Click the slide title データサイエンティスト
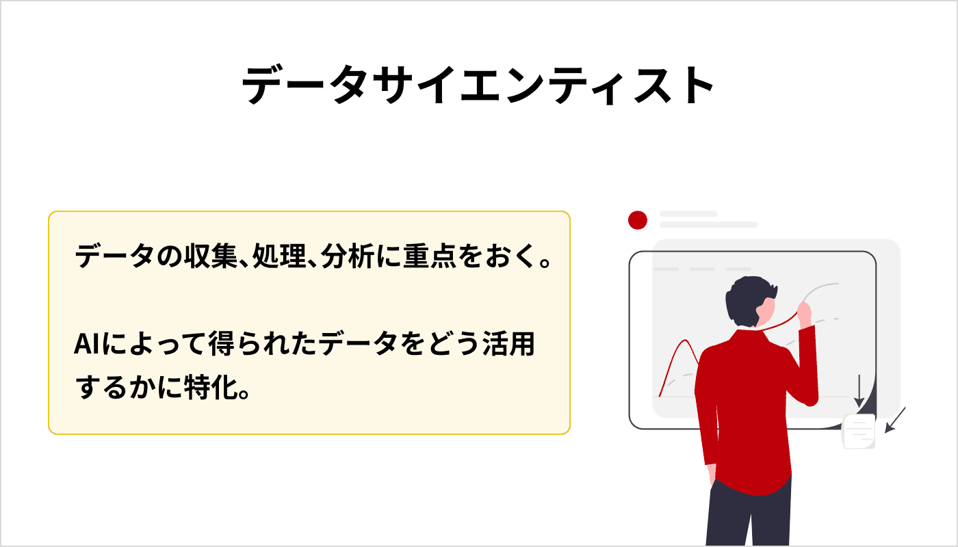[478, 87]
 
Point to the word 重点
[432, 258]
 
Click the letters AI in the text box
[88, 344]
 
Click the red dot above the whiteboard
[638, 219]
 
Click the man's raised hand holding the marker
[804, 313]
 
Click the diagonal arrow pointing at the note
[895, 420]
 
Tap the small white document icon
[859, 431]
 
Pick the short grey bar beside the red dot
[688, 214]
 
